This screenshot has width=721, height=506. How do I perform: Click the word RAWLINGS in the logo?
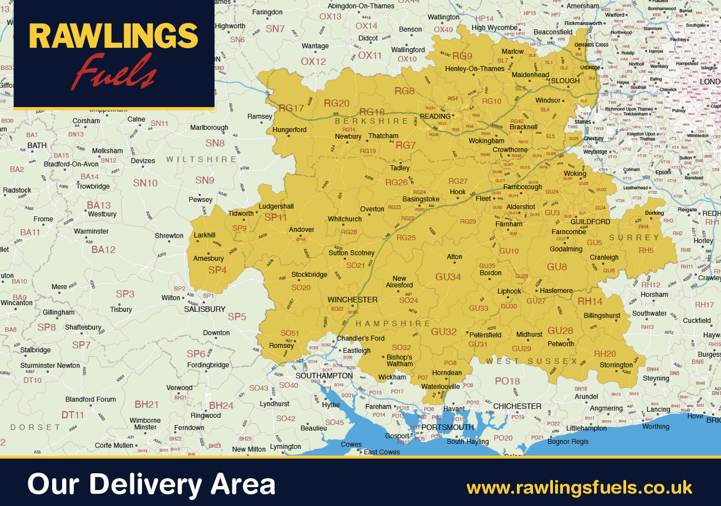(x=113, y=37)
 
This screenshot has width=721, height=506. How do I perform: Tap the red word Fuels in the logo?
(x=114, y=72)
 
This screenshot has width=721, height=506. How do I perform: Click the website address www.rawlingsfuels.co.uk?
(x=580, y=488)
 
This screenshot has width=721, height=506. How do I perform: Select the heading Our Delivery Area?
(x=151, y=484)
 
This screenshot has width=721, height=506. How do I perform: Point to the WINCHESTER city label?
(x=352, y=300)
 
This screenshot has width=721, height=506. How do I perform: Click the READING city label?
(x=435, y=117)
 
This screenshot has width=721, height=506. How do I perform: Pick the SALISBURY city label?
(x=205, y=309)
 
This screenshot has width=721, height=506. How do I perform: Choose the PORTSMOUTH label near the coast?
(x=448, y=427)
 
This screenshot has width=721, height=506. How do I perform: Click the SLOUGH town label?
(x=565, y=81)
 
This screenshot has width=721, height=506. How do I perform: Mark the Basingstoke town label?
(x=420, y=199)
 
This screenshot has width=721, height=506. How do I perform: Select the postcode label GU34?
(x=448, y=276)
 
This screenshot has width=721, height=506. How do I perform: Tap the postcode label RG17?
(x=291, y=108)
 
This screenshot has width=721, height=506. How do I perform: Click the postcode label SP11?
(x=276, y=217)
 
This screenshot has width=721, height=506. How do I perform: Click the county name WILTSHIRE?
(x=202, y=159)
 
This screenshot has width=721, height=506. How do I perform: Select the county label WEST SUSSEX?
(x=532, y=361)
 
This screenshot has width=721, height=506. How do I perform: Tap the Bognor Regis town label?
(x=568, y=442)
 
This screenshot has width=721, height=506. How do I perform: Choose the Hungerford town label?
(x=290, y=130)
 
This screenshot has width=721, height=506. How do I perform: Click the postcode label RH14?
(x=590, y=301)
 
